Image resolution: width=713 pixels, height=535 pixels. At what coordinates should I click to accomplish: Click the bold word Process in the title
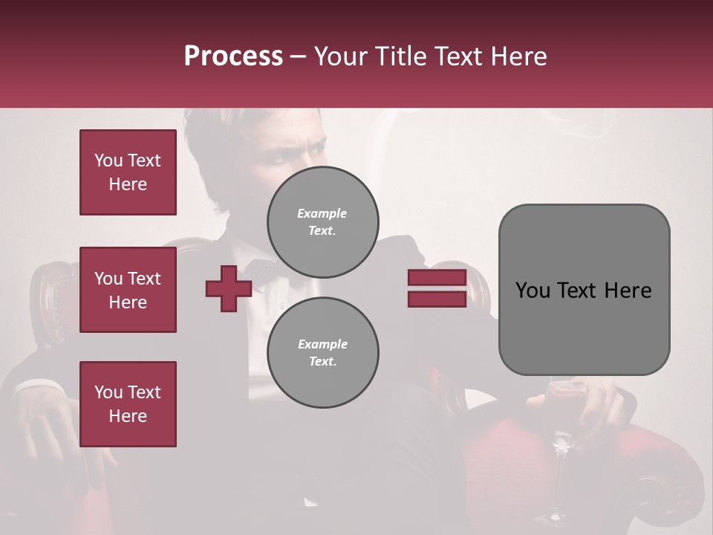[x=233, y=56]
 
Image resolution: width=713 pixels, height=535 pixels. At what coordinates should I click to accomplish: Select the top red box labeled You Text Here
[x=128, y=172]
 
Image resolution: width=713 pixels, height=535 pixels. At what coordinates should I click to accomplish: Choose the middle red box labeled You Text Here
[x=128, y=290]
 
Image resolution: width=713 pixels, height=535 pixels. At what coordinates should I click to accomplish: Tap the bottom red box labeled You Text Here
[x=128, y=404]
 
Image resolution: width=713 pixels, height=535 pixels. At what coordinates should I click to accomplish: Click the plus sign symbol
[x=229, y=289]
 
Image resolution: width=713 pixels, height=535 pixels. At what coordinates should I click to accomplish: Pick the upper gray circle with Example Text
[x=322, y=221]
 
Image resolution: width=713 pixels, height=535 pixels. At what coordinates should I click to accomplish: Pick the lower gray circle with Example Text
[x=322, y=352]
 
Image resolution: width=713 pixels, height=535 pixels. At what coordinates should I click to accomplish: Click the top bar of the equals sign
[x=437, y=278]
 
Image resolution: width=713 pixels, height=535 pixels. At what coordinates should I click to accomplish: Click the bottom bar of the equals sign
[x=437, y=299]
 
